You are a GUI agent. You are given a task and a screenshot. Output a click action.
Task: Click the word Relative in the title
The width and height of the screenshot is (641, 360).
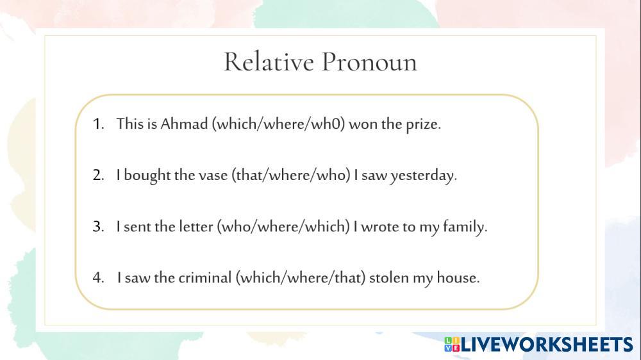[x=269, y=62]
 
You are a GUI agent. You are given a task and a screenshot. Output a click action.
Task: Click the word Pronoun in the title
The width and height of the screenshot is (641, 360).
[x=369, y=62]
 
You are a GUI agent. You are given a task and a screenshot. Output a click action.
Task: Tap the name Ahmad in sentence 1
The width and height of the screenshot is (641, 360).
[x=184, y=124]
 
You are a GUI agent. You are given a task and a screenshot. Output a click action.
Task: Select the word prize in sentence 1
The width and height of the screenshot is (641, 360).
[x=422, y=124]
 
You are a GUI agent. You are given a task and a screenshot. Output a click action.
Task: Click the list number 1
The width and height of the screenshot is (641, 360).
[x=97, y=124]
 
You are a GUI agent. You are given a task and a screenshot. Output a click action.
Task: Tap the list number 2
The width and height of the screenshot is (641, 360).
[x=97, y=175]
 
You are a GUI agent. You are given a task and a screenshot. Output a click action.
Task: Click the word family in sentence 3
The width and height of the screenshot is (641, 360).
[x=464, y=227]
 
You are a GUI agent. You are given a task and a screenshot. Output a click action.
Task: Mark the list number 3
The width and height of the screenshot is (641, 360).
[x=97, y=226]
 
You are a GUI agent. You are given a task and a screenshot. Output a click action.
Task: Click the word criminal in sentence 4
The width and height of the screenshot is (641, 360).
[x=204, y=277]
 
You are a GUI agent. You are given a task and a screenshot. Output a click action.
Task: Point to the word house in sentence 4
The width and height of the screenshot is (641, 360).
[x=458, y=277]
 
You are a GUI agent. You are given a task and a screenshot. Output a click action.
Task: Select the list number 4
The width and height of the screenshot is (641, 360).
[x=98, y=277]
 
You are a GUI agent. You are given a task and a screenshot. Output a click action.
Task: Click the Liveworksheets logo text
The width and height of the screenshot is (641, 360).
[x=547, y=345]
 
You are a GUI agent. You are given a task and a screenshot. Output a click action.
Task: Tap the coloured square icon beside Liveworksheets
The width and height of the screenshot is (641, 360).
[x=452, y=345]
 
